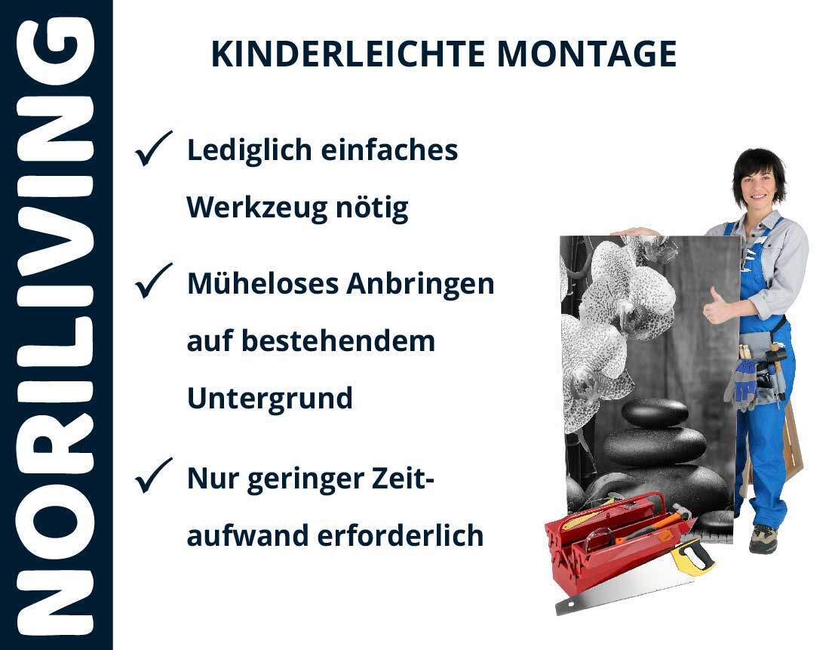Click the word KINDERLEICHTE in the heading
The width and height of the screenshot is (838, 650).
point(348,54)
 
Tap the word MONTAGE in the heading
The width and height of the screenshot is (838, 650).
point(587,54)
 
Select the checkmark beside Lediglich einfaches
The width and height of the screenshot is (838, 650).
point(153,148)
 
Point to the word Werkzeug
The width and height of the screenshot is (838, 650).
point(256,208)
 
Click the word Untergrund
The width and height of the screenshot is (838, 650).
point(270,399)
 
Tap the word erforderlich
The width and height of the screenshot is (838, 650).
point(401,535)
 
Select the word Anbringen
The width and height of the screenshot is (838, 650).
point(421,285)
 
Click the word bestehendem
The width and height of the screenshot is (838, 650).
point(339,341)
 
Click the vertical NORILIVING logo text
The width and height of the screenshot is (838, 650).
point(56,326)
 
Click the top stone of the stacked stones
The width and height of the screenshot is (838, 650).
point(655,413)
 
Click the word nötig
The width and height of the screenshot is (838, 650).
point(372,208)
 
